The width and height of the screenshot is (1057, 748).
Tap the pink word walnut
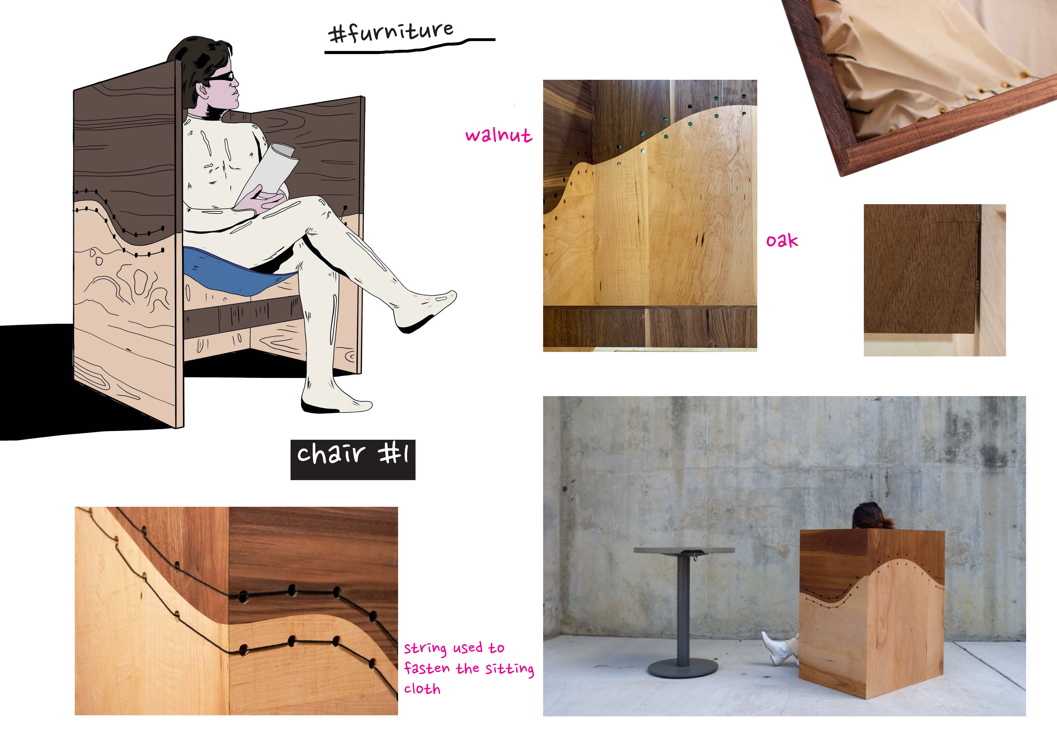499,135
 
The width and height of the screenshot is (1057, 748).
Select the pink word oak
782,240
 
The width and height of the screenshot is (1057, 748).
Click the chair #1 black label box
353,460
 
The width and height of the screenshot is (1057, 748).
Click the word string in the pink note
425,648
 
